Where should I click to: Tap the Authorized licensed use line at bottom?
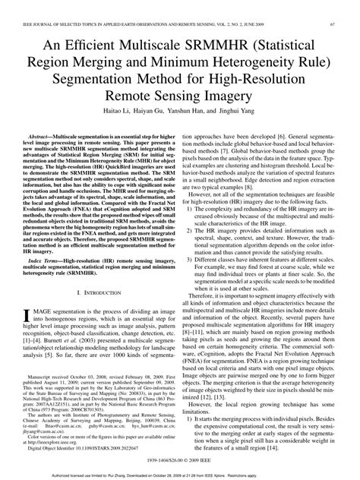180,472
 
